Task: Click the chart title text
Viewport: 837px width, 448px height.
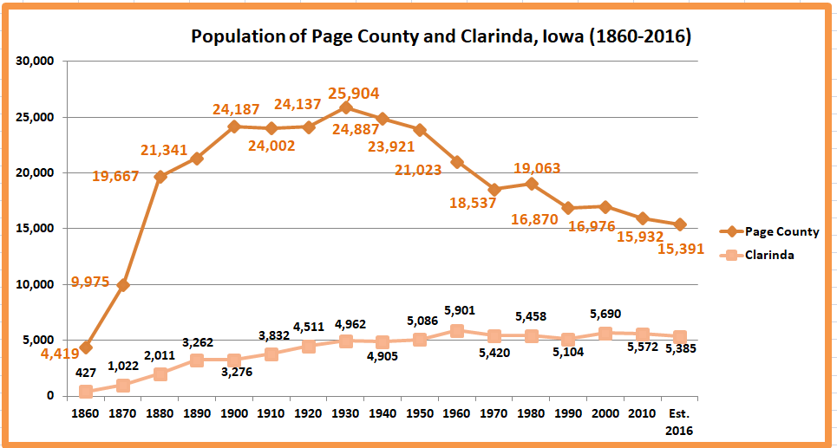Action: pyautogui.click(x=441, y=37)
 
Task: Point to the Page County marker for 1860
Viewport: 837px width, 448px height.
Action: pyautogui.click(x=86, y=347)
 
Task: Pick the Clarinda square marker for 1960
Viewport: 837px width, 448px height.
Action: pyautogui.click(x=457, y=330)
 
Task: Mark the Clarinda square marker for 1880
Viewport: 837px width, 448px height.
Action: pyautogui.click(x=160, y=374)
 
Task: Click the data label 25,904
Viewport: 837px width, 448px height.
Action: pyautogui.click(x=353, y=94)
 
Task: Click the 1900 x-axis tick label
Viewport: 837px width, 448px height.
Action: pyautogui.click(x=234, y=413)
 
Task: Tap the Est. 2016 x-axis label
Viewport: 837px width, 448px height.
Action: pyautogui.click(x=680, y=421)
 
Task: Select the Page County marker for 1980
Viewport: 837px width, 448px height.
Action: pyautogui.click(x=532, y=184)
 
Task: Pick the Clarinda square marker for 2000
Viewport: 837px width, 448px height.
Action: pyautogui.click(x=605, y=333)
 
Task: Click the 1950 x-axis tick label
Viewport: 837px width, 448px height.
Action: pyautogui.click(x=420, y=413)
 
